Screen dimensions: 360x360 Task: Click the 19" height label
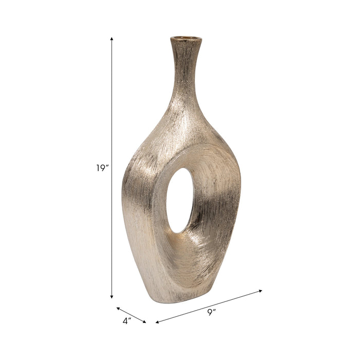[102, 168]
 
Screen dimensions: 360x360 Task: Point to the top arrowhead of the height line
[112, 39]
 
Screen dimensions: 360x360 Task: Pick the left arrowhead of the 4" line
[118, 309]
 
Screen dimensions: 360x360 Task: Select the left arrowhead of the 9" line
[157, 322]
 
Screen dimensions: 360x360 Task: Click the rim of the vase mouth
[186, 39]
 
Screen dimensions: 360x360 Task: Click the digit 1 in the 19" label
[98, 168]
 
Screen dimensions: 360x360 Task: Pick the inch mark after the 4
[131, 319]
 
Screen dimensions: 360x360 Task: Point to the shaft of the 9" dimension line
[208, 307]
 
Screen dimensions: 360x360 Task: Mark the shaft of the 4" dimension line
[131, 315]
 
